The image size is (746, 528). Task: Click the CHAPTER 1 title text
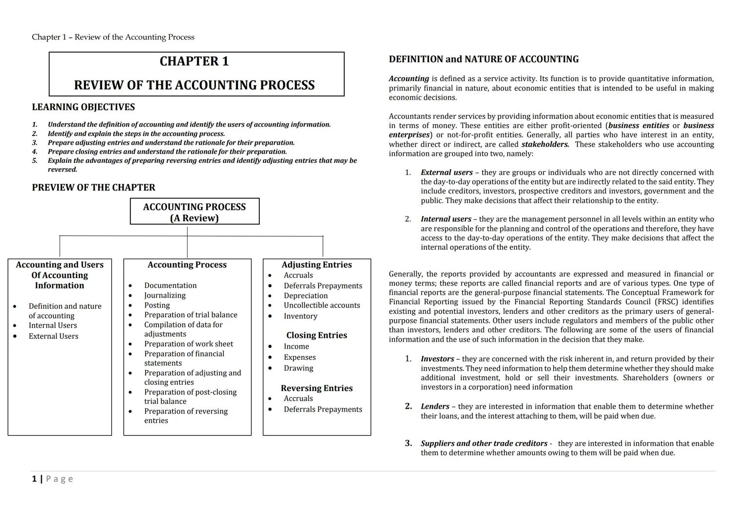click(x=194, y=61)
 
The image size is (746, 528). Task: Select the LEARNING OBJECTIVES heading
click(x=83, y=107)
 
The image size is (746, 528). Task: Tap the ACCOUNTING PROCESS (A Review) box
click(x=194, y=212)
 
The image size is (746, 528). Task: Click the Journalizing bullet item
click(x=165, y=295)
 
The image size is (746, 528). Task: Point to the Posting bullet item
click(x=157, y=305)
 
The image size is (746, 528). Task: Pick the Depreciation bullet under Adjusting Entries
click(x=305, y=296)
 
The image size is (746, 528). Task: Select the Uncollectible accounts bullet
click(x=321, y=306)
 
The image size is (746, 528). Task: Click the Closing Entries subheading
click(x=317, y=335)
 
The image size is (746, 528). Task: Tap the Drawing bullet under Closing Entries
click(x=298, y=368)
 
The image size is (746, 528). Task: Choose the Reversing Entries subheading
click(x=317, y=388)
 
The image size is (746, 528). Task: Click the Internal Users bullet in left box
click(x=52, y=326)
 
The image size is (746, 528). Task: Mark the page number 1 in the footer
click(x=34, y=479)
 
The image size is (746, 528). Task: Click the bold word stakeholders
click(x=545, y=145)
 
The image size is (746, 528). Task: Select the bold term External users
click(x=446, y=173)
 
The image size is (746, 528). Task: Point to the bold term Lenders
click(x=434, y=407)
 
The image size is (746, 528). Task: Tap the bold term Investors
click(x=437, y=359)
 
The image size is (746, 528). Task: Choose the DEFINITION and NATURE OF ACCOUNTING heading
click(x=483, y=60)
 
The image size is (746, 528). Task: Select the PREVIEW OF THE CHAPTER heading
click(x=93, y=188)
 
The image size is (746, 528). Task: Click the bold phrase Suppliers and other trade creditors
click(x=484, y=444)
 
